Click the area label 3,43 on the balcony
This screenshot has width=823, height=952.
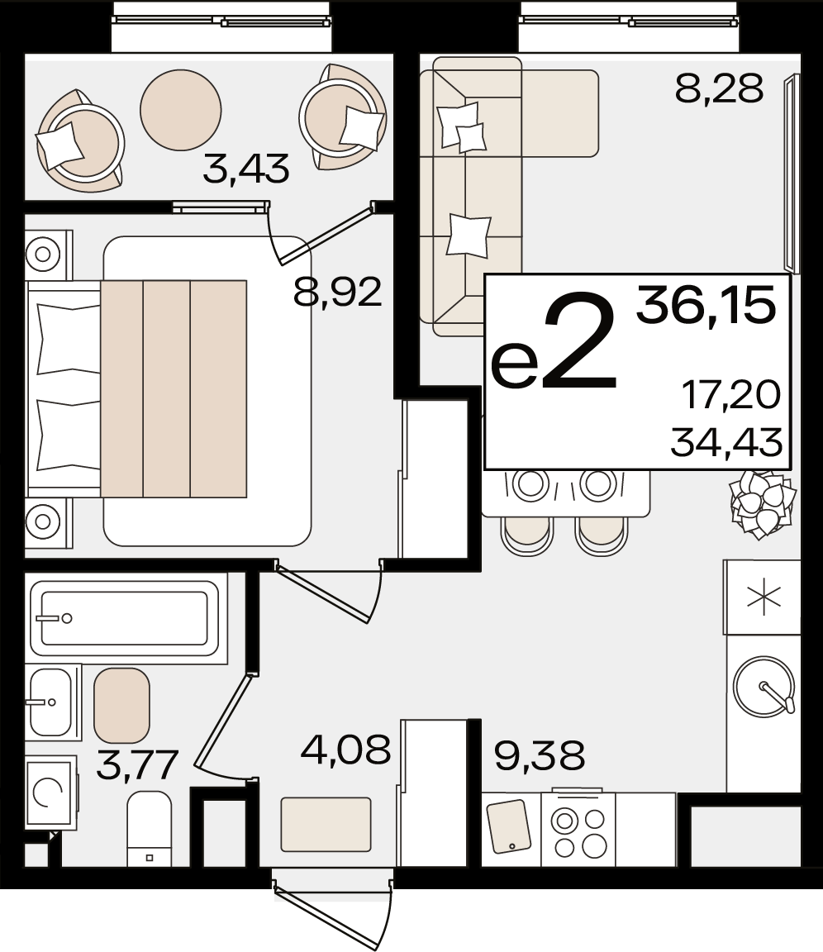point(245,169)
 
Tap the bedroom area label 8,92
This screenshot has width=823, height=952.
point(337,292)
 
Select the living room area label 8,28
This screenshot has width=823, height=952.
point(719,89)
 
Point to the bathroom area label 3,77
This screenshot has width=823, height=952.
point(137,765)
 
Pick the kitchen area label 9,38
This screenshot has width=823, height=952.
point(540,755)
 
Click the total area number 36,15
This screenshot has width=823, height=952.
point(706,306)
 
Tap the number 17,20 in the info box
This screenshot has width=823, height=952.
point(731,394)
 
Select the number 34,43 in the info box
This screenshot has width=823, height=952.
point(726,442)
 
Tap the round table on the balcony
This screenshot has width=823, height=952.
point(181,110)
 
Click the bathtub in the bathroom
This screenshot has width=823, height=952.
point(125,618)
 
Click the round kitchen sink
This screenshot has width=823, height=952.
point(764,687)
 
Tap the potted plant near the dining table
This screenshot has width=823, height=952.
point(763,505)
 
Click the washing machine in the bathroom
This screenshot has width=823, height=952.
point(50,793)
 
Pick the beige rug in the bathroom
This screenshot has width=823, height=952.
point(121,706)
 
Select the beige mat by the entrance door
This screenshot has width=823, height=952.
point(326,825)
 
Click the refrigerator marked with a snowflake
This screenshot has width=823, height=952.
point(763,597)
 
